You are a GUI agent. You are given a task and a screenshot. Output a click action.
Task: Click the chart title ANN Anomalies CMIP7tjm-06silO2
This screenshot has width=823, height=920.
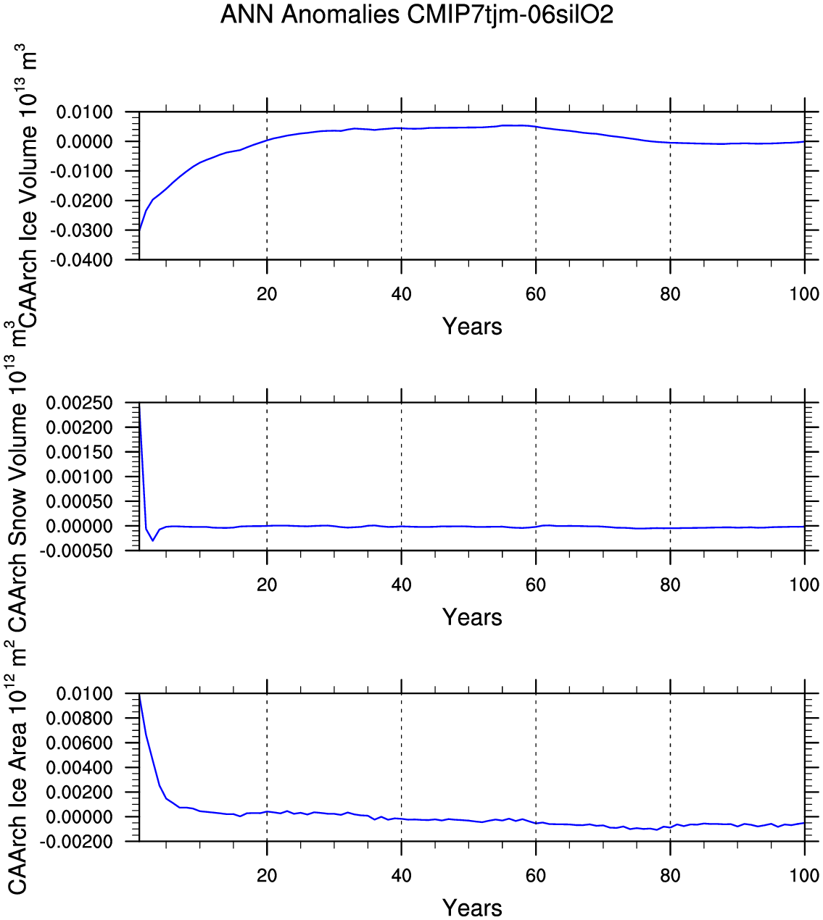pyautogui.click(x=417, y=14)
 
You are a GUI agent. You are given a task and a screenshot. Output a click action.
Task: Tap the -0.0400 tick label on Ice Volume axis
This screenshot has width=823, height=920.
pyautogui.click(x=86, y=259)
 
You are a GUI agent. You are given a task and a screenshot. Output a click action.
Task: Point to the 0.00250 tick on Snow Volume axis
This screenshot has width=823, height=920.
pyautogui.click(x=80, y=403)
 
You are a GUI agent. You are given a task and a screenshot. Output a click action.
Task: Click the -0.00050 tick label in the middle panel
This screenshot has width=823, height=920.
pyautogui.click(x=77, y=551)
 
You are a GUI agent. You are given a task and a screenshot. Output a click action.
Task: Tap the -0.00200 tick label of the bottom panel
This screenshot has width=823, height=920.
pyautogui.click(x=77, y=842)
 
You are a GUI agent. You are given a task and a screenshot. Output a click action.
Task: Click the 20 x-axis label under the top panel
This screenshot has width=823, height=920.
pyautogui.click(x=267, y=294)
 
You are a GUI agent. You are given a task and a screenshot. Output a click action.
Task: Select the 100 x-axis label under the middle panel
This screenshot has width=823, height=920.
pyautogui.click(x=804, y=585)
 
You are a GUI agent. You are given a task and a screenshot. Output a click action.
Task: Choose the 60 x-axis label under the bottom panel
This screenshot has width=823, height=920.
pyautogui.click(x=536, y=876)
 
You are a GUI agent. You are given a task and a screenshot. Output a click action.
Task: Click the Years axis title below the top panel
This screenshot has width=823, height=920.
pyautogui.click(x=472, y=327)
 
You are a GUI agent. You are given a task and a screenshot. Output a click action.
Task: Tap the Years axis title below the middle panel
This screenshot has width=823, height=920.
pyautogui.click(x=472, y=618)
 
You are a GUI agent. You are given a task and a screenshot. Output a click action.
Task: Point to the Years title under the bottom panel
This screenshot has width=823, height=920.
pyautogui.click(x=472, y=908)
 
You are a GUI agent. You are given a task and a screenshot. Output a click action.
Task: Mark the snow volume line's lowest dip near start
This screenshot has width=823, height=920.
pyautogui.click(x=152, y=540)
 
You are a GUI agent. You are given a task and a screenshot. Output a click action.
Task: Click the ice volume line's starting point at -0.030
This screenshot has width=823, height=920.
pyautogui.click(x=139, y=231)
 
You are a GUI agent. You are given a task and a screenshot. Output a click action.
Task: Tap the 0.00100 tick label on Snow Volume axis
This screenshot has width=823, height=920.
pyautogui.click(x=80, y=477)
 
